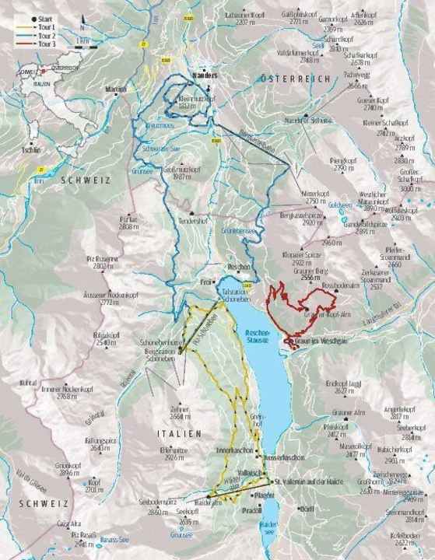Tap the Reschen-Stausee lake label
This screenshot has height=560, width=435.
tap(257, 334)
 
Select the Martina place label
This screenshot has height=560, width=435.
tap(114, 89)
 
